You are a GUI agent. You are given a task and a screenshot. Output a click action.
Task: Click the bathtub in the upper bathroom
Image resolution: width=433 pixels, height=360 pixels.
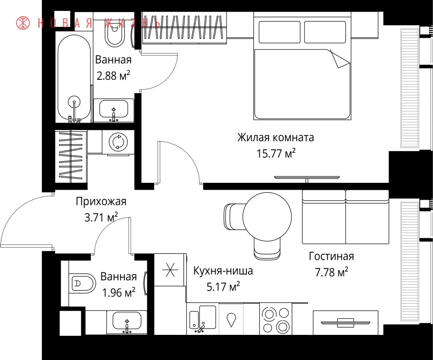[74, 79]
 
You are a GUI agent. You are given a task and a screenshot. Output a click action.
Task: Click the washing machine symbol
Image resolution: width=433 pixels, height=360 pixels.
[119, 142]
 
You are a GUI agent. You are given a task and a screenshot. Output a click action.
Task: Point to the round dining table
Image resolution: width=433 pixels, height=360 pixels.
[267, 217]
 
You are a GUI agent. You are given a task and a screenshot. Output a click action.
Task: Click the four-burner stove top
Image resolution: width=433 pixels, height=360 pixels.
[276, 319]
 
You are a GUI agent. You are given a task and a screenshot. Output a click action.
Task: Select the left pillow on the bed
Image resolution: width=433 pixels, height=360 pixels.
[279, 32]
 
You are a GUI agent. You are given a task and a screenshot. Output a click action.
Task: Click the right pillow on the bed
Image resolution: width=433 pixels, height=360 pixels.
[325, 32]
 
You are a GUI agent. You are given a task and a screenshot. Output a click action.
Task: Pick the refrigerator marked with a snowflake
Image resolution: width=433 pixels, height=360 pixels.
[169, 269]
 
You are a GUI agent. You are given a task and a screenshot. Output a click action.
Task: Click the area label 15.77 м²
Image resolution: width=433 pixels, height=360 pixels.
[276, 153]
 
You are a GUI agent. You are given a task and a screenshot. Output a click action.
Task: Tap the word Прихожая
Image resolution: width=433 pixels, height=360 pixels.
[101, 202]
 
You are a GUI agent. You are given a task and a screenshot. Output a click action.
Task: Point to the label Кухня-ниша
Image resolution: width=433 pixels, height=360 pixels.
[223, 271]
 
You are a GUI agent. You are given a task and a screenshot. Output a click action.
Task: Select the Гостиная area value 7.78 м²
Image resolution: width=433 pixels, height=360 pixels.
[331, 272]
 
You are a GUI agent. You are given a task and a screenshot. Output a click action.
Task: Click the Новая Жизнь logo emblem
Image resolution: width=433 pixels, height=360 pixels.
[23, 23]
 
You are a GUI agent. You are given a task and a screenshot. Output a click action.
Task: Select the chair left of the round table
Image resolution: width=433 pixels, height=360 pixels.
[234, 217]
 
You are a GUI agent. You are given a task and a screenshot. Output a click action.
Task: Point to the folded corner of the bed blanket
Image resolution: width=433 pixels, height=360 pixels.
[339, 58]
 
